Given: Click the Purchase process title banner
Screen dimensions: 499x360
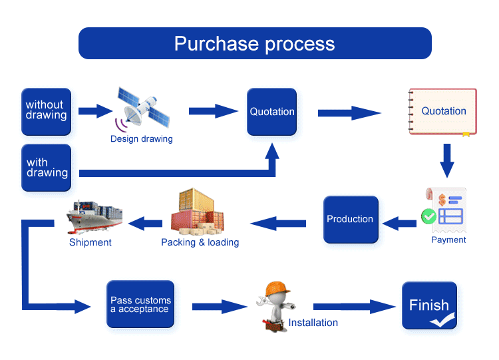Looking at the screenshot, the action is (x=255, y=43).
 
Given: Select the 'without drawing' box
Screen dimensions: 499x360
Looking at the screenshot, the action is (x=46, y=112).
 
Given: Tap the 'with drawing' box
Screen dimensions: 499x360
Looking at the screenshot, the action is (x=46, y=168).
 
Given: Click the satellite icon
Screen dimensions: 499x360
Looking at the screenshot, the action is (x=142, y=110).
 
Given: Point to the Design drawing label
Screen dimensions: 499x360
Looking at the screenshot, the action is (x=142, y=139).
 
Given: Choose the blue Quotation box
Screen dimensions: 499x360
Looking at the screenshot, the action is (x=271, y=112).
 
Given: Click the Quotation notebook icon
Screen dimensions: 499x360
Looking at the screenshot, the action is (x=442, y=111).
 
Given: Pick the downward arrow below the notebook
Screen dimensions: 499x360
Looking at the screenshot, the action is (x=447, y=161).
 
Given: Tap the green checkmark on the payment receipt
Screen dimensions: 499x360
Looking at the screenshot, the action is (x=428, y=216).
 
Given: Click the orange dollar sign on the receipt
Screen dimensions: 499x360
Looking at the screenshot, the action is (x=442, y=200).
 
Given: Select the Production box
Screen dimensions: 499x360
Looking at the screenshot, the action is (x=351, y=220).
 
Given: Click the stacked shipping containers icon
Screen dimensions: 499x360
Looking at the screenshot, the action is (x=198, y=212).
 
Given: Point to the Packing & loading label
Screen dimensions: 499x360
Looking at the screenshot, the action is (x=200, y=242).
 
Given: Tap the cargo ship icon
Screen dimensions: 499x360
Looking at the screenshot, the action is (x=94, y=216).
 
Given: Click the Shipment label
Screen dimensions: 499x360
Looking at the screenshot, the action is (x=90, y=242).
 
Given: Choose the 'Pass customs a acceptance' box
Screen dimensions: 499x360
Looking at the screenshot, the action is (x=140, y=304).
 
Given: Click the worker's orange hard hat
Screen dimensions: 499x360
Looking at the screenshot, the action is (x=277, y=289).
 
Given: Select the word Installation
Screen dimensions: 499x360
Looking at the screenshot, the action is (x=313, y=323).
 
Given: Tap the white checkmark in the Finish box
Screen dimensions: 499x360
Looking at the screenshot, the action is (x=442, y=320).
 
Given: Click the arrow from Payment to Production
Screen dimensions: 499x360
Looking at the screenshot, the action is (x=399, y=224).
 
